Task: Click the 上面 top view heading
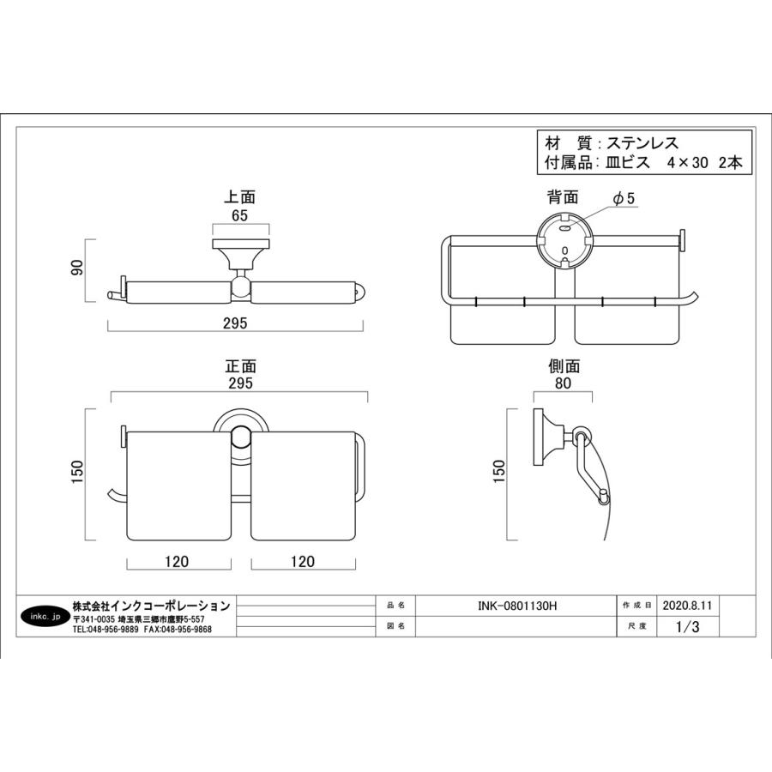point(240,197)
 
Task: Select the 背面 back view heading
point(563,197)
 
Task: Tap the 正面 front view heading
point(241,366)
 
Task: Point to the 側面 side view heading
point(564,366)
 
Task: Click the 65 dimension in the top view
point(240,215)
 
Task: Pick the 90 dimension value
point(78,267)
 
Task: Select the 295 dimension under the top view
point(235,323)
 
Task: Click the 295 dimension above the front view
point(240,383)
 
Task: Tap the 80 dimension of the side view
point(563,383)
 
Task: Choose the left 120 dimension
point(177,561)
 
